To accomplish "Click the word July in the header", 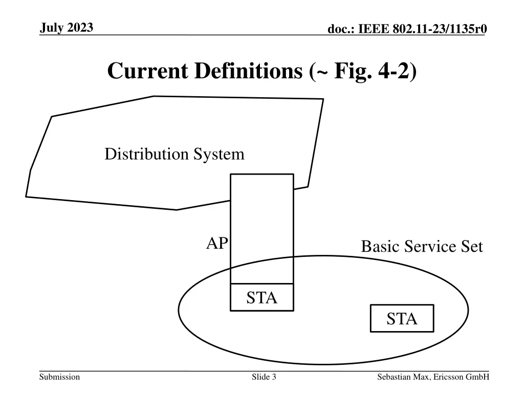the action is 51,28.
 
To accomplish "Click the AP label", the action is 216,244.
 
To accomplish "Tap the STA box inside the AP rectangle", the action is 261,297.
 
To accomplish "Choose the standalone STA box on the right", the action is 402,319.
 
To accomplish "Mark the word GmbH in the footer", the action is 478,377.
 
